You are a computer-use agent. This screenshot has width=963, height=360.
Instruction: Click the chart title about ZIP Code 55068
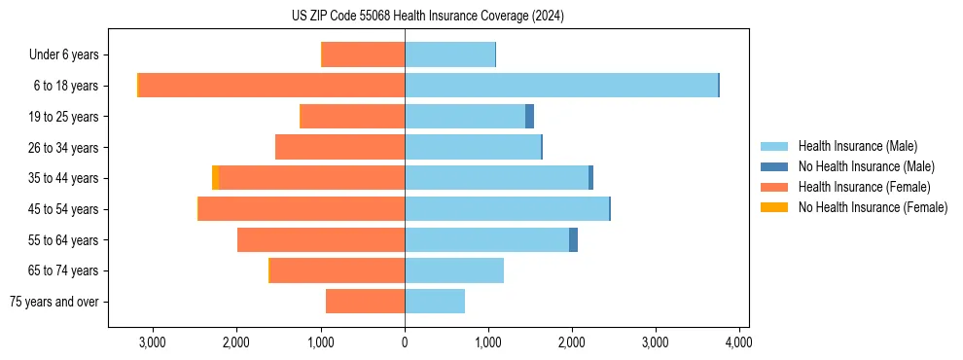click(x=427, y=16)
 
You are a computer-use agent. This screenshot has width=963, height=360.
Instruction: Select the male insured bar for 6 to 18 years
click(x=561, y=86)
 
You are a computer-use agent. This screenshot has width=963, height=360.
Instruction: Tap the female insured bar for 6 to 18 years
click(x=272, y=86)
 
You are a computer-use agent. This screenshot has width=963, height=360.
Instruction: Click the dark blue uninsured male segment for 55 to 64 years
click(x=573, y=240)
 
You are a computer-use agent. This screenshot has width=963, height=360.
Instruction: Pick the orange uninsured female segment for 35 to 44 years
click(x=215, y=178)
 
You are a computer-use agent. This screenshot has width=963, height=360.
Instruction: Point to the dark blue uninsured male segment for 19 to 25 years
click(x=529, y=117)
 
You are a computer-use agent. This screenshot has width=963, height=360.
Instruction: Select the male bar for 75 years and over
click(x=435, y=302)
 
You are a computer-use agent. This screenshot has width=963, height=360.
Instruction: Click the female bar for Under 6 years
click(x=363, y=54)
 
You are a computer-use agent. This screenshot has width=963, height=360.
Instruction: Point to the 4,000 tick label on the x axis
click(x=738, y=342)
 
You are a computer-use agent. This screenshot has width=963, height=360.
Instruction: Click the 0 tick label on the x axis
click(x=405, y=342)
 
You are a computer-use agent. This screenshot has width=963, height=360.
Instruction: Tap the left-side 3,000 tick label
click(x=154, y=342)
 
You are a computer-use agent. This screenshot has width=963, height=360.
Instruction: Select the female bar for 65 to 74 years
click(x=338, y=270)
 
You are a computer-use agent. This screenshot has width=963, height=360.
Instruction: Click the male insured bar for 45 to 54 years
click(x=507, y=209)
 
